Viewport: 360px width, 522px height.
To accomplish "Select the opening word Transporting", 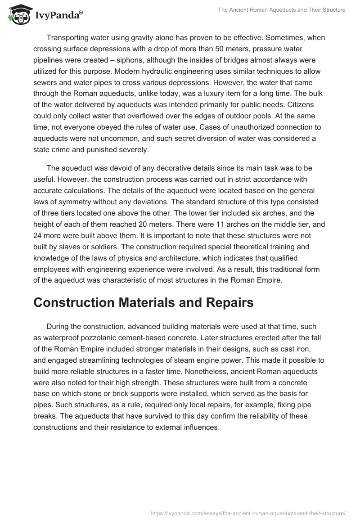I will coord(68,38).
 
